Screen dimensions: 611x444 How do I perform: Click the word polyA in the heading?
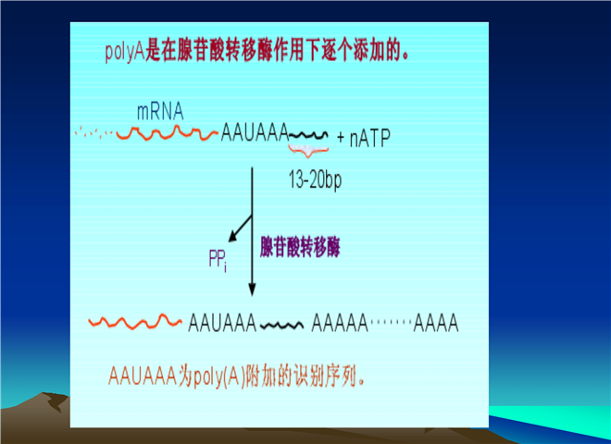point(125,52)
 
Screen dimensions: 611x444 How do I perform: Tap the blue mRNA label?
point(160,112)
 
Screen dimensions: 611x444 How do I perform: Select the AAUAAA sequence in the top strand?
point(255,132)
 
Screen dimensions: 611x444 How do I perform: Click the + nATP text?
point(363,138)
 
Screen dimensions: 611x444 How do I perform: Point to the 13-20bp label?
point(315,180)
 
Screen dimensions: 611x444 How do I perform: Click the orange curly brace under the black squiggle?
point(308,151)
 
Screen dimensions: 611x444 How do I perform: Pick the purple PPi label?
point(218,260)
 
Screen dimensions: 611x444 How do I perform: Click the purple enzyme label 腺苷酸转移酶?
point(300,247)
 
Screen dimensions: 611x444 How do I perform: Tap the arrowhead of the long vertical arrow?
point(252,290)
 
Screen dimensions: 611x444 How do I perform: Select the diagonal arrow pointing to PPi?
point(240,228)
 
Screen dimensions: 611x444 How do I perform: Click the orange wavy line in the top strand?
point(168,133)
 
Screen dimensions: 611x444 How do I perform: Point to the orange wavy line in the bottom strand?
point(135,322)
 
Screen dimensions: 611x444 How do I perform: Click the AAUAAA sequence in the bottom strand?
point(222,323)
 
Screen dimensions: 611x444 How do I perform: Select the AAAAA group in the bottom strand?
point(340,323)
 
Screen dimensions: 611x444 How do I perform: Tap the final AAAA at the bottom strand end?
point(436,323)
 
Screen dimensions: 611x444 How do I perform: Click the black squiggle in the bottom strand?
point(281,326)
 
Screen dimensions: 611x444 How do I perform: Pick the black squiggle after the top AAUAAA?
point(308,135)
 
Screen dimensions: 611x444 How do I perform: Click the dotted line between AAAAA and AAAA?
point(391,322)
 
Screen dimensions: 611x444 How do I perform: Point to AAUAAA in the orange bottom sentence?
point(143,376)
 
